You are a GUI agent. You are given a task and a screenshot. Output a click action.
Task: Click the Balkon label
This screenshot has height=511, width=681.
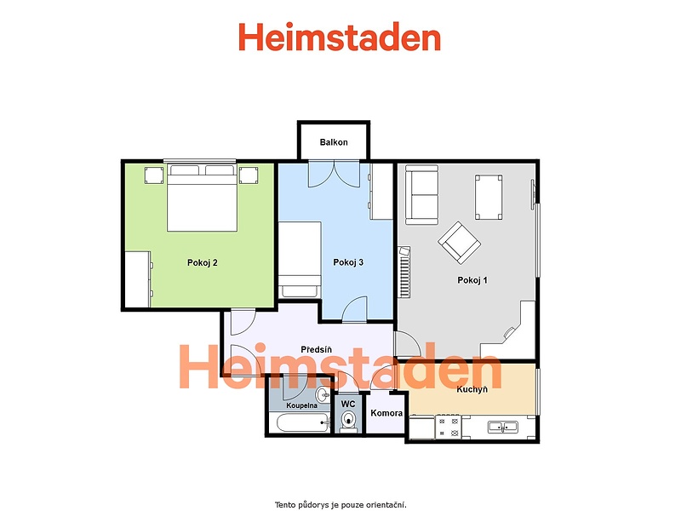[334, 142]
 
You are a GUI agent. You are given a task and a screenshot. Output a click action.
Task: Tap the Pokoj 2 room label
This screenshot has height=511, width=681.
[203, 262]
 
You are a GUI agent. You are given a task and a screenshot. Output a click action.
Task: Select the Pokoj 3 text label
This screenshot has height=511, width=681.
[348, 262]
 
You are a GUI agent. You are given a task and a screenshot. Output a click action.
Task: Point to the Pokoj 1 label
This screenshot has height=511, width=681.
[472, 280]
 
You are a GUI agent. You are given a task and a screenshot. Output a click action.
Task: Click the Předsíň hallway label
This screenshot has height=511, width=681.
[316, 349]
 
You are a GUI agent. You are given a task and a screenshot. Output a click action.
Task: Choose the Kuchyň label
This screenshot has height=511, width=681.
[472, 389]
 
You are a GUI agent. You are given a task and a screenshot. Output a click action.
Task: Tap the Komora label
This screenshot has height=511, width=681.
[386, 413]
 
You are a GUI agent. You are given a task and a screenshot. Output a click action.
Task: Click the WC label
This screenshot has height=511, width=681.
[348, 404]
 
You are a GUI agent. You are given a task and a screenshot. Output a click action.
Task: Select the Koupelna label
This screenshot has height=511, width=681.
[302, 405]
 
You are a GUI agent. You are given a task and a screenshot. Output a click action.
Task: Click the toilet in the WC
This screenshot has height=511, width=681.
[348, 421]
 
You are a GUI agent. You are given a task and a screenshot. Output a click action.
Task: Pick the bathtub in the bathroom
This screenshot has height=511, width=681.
[303, 422]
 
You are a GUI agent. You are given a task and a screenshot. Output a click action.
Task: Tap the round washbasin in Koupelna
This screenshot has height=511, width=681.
[323, 395]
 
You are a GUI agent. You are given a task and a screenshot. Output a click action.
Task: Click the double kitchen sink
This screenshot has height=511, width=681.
[502, 428]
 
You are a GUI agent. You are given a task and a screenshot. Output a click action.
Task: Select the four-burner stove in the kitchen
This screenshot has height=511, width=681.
[449, 427]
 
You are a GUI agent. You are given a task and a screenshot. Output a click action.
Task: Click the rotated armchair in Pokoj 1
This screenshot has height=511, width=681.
[459, 243]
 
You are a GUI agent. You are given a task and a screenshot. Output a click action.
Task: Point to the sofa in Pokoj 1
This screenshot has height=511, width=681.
[421, 195]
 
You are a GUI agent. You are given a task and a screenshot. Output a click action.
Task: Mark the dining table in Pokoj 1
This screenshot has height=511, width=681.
[489, 198]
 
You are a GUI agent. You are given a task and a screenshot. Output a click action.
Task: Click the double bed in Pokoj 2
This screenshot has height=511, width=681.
[202, 198]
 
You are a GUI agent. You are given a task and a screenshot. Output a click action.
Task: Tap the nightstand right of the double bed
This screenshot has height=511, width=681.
[249, 175]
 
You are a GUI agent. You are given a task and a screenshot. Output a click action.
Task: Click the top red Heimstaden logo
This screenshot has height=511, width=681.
[340, 37]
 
